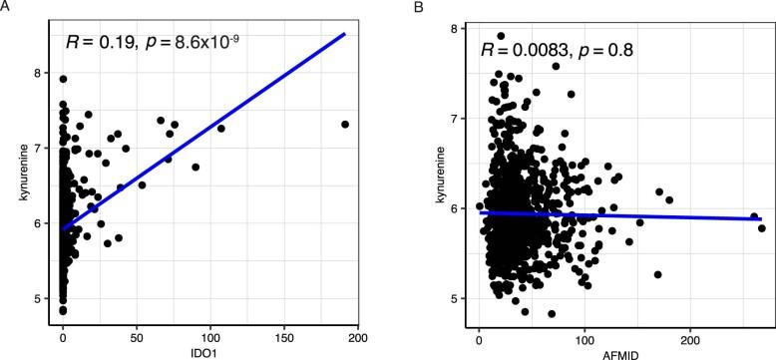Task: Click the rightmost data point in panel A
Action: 345,124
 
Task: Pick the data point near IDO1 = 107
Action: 221,128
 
